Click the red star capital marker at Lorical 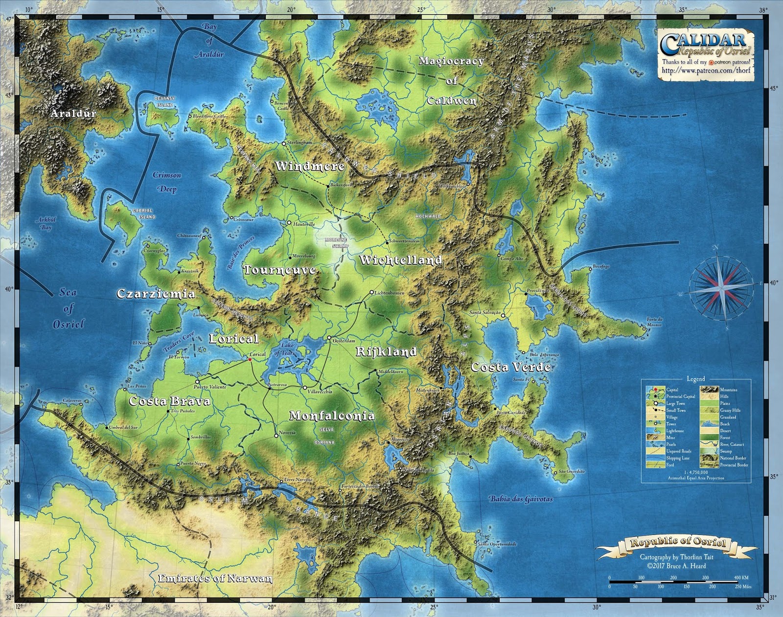[250, 360]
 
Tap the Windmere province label [310, 166]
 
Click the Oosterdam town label [343, 340]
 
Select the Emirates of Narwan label [215, 578]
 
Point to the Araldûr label [73, 113]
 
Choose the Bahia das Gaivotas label [521, 499]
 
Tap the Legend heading [696, 378]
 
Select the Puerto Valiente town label [210, 387]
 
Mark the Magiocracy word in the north [451, 61]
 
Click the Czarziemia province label [156, 294]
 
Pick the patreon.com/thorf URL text [706, 70]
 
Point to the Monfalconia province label [332, 416]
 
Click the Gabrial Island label [143, 214]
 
